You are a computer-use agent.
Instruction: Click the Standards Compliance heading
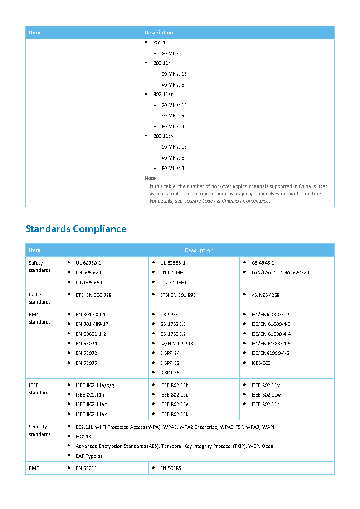pos(76,229)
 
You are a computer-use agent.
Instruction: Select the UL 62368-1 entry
pos(173,263)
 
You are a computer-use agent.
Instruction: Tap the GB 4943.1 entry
pos(263,263)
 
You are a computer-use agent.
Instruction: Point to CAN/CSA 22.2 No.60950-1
pos(281,272)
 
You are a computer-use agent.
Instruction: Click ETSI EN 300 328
pos(93,295)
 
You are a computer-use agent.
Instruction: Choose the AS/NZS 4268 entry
pos(266,295)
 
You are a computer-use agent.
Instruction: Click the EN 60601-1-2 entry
pos(91,334)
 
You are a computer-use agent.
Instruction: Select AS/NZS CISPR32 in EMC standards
pos(178,344)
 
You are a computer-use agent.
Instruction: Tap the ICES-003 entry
pos(261,363)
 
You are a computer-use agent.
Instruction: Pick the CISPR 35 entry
pos(170,373)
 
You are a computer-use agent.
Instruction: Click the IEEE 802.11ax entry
pos(91,414)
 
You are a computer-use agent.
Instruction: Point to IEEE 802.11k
pos(174,414)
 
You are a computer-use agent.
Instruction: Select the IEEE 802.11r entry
pos(266,404)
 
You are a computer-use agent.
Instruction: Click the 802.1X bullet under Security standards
pos(83,436)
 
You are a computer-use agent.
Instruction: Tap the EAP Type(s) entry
pos(89,456)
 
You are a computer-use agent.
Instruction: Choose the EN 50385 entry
pos(170,468)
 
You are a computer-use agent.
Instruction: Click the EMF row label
pos(34,468)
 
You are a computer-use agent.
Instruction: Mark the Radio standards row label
pos(40,298)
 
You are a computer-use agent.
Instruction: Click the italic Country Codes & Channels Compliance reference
pos(226,201)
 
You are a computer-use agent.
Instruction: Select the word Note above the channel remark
pos(150,178)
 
